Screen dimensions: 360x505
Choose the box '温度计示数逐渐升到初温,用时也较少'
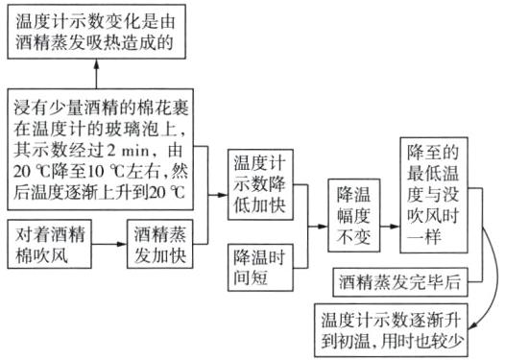point(404,324)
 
